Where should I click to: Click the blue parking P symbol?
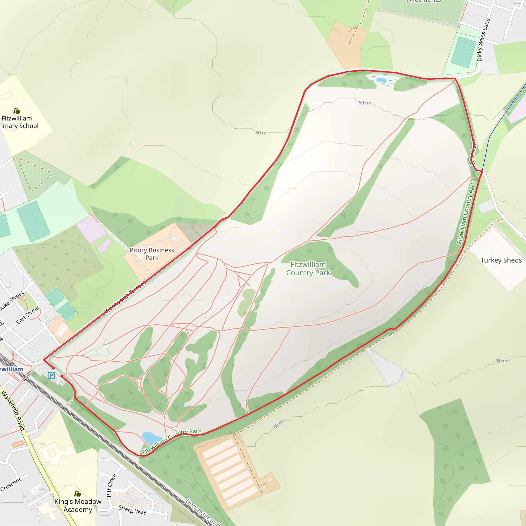(51, 376)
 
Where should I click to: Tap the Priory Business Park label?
(152, 254)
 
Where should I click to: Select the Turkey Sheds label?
(501, 260)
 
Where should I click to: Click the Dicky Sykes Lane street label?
(483, 40)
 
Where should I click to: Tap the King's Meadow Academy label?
(78, 505)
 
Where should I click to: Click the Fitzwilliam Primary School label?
(18, 122)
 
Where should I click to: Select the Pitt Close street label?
(111, 485)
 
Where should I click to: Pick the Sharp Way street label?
(133, 509)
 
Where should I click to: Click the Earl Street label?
(28, 315)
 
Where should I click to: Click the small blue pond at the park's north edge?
(381, 80)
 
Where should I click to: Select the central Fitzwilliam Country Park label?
(308, 269)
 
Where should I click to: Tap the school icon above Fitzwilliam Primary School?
(17, 111)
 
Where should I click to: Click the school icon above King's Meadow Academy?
(78, 494)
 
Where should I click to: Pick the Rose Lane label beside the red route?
(473, 152)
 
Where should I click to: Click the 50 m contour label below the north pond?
(364, 103)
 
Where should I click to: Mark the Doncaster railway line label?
(203, 512)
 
